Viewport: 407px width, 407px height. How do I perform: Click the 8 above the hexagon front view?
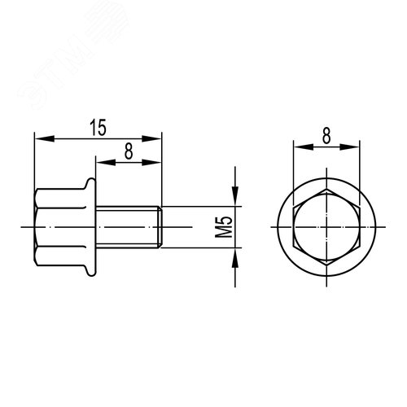(326, 135)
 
